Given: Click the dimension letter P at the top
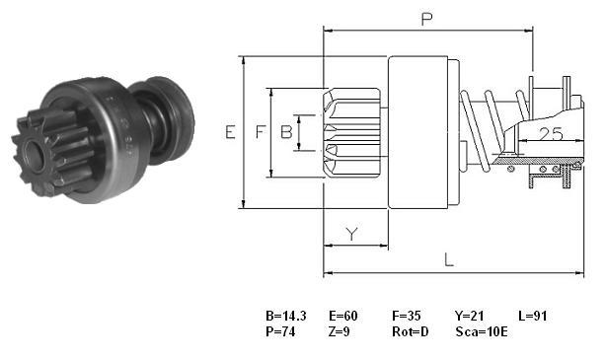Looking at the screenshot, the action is coord(426,19).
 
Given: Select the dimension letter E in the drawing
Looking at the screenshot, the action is coord(230,132).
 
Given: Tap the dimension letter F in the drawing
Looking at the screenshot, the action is coord(261,132).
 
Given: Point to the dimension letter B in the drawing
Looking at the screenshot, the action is coord(286,132).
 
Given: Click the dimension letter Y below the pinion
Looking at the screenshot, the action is coord(351,234).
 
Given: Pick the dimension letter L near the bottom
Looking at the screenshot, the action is coord(449,259).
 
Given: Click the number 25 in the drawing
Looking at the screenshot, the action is coord(551,134).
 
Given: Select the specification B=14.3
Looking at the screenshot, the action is coord(286,316).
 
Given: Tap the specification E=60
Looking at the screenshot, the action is coord(343,316).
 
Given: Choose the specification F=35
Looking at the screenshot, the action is coord(407,316).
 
